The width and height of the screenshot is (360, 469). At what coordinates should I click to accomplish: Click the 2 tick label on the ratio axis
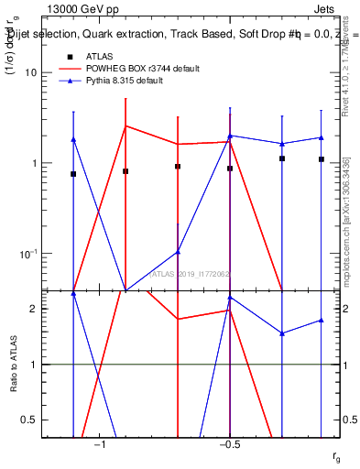click(x=33, y=309)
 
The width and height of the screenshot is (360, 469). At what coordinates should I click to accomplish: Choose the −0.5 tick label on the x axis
click(x=229, y=444)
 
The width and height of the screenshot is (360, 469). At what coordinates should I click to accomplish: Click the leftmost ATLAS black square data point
click(x=73, y=174)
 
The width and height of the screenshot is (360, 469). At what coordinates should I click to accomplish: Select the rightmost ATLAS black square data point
click(x=322, y=159)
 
